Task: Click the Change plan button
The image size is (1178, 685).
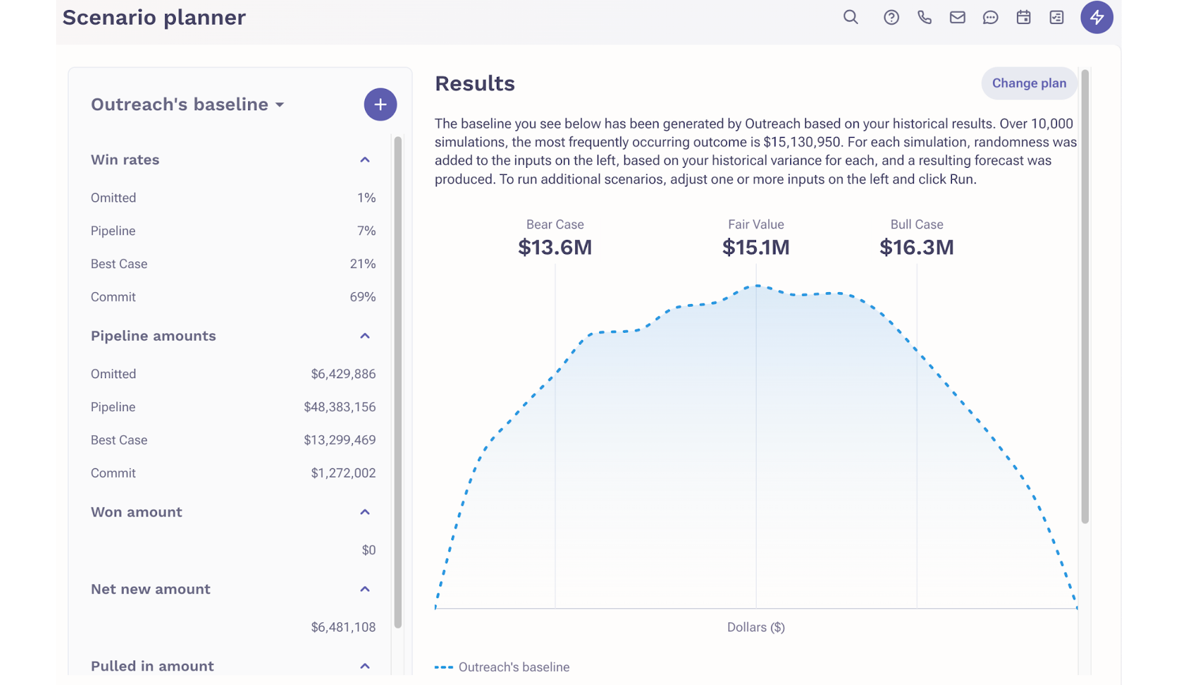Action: (x=1028, y=84)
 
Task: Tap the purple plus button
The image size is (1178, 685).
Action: (x=380, y=104)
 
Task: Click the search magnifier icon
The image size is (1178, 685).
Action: (x=850, y=17)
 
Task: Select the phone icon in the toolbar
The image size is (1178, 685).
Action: (x=924, y=17)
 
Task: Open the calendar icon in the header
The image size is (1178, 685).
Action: (x=1023, y=17)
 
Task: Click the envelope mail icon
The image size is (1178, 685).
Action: (x=957, y=17)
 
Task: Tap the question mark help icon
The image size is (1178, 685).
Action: (x=891, y=17)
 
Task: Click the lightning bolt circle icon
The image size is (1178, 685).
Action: (x=1096, y=17)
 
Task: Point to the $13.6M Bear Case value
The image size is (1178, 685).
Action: (x=555, y=247)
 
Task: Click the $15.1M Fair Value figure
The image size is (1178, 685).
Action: (x=755, y=247)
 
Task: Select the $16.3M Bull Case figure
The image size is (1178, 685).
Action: (x=917, y=247)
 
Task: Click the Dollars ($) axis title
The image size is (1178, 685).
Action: (x=755, y=627)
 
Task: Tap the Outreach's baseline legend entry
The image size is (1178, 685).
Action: (x=502, y=667)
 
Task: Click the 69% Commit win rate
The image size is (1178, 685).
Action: (x=362, y=297)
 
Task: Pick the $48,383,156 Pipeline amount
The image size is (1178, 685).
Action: (x=340, y=407)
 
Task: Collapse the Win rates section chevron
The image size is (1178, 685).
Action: (x=364, y=160)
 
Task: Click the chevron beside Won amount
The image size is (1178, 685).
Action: (x=364, y=512)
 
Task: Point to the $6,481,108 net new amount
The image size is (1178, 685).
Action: (x=343, y=627)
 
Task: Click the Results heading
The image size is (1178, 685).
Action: (x=475, y=84)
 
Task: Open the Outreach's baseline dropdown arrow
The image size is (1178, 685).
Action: (x=279, y=105)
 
